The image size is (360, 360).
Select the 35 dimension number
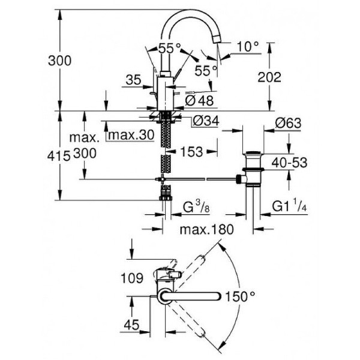coord(133,78)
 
